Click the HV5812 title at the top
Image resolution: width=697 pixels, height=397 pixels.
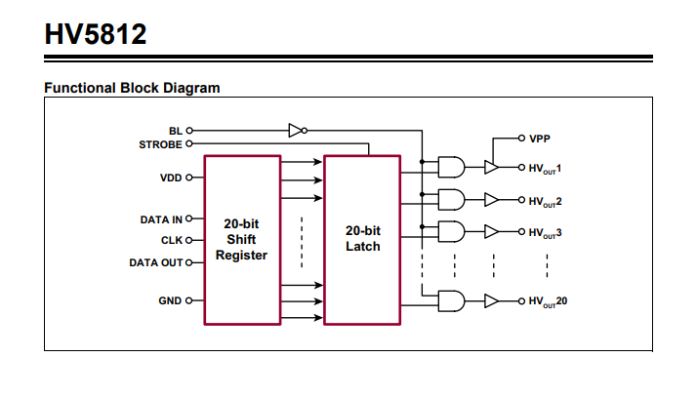[96, 35]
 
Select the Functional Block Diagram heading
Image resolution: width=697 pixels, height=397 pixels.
[132, 88]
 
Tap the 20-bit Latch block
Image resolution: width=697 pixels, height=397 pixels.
[362, 239]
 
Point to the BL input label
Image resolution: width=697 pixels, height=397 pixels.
[175, 129]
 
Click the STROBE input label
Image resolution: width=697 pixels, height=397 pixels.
[160, 143]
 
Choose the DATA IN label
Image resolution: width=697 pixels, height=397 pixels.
[161, 219]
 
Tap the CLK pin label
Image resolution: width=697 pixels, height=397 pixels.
[170, 240]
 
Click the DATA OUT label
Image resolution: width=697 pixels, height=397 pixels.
[157, 262]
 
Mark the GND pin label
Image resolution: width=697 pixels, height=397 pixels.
[170, 300]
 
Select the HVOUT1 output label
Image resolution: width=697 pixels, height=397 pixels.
[546, 169]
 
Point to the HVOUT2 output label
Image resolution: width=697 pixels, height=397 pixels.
[546, 201]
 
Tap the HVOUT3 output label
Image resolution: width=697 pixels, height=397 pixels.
[546, 233]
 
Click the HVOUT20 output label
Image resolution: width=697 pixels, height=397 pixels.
[548, 300]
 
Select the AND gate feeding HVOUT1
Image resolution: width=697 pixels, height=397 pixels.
[451, 168]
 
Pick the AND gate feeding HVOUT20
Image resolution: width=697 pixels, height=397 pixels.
[451, 300]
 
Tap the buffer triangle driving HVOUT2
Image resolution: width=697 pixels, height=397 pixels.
[492, 200]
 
